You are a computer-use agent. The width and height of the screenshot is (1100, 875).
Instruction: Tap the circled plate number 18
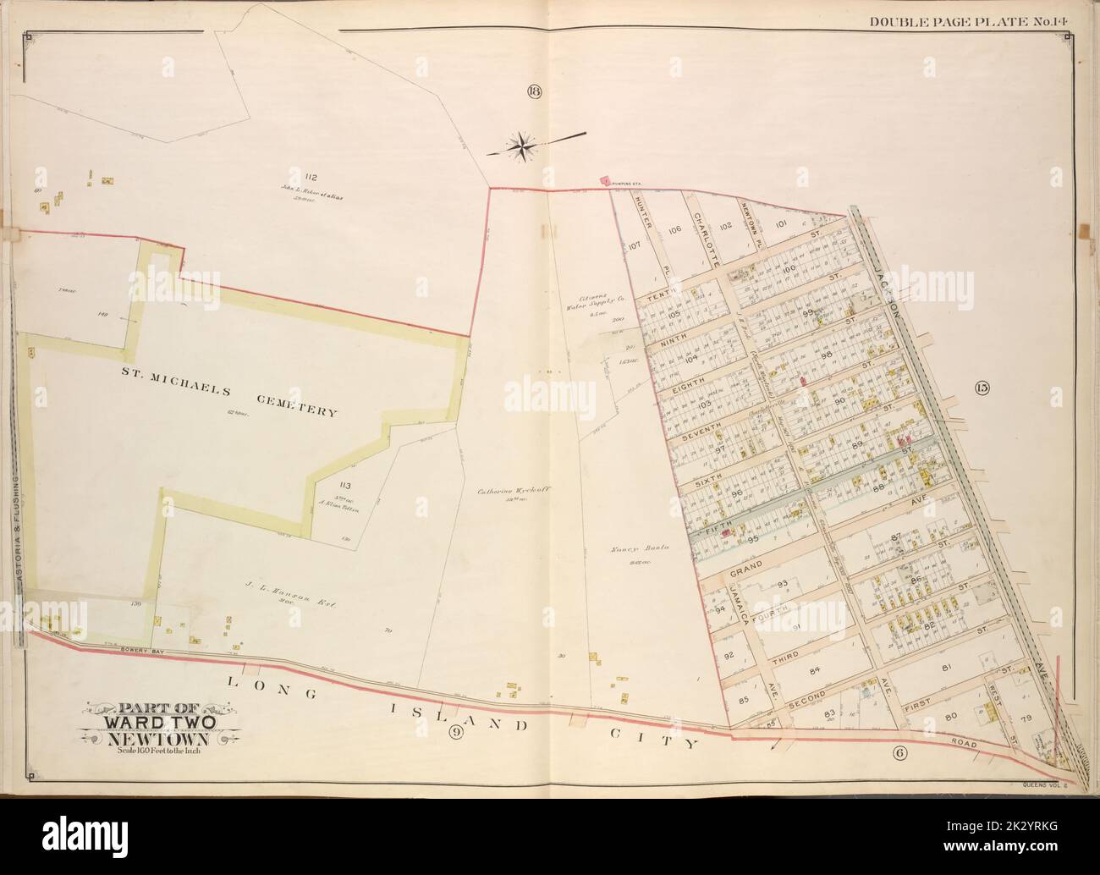pos(533,92)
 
